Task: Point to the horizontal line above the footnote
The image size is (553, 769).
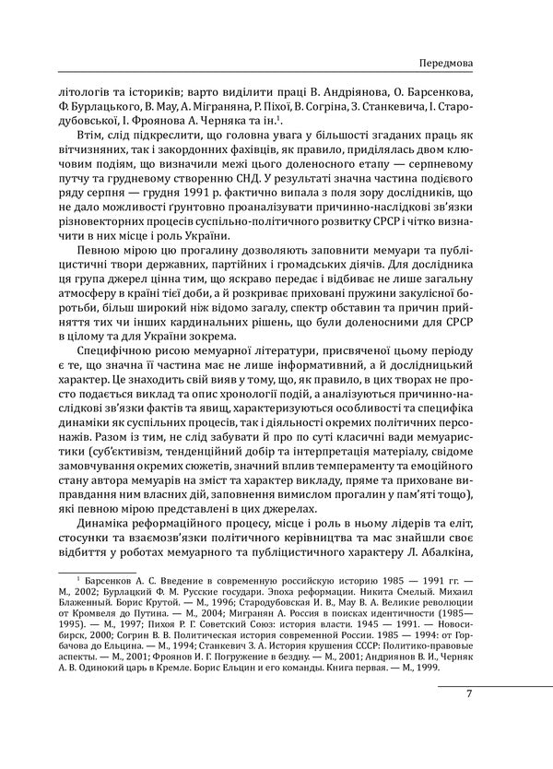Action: pos(99,584)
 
